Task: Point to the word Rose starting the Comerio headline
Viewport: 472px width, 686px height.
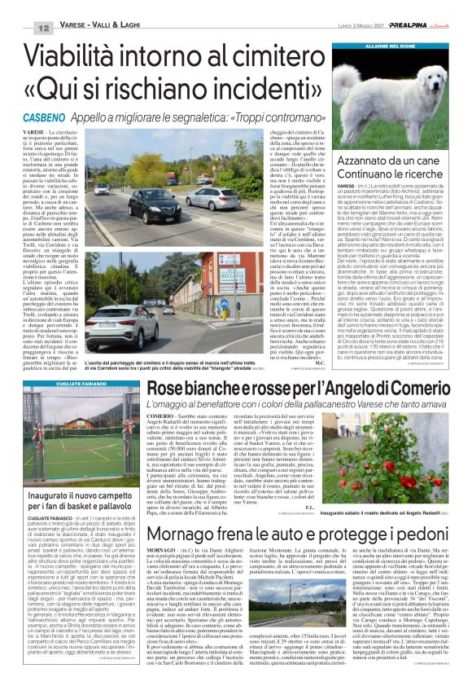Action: click(x=170, y=392)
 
